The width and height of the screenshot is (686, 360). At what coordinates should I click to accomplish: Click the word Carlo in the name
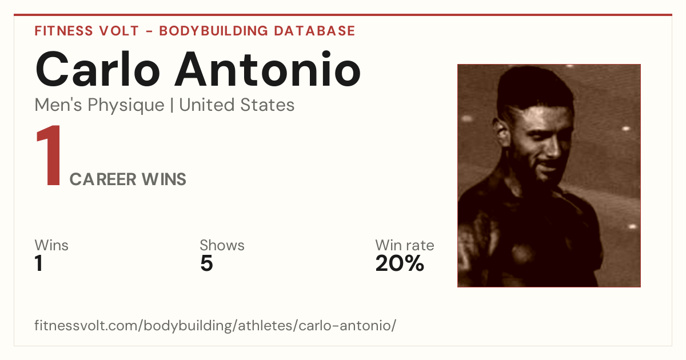(97, 69)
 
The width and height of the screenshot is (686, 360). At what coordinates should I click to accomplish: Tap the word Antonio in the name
(268, 69)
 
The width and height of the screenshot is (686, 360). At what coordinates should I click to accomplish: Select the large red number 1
(49, 155)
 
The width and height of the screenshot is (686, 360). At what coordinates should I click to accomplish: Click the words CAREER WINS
(127, 179)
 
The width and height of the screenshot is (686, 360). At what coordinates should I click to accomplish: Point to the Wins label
(51, 245)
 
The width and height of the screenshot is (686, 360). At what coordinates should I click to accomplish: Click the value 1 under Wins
(39, 263)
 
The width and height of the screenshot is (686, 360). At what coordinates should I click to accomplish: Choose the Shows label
(222, 245)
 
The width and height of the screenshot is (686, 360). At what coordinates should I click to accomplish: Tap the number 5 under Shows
(206, 263)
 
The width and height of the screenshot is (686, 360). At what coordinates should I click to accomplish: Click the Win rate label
(405, 245)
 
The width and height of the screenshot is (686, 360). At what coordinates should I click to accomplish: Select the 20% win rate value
(400, 263)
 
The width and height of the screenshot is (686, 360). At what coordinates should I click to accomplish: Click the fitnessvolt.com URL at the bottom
(216, 325)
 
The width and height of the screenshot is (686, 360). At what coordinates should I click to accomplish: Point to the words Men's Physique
(99, 106)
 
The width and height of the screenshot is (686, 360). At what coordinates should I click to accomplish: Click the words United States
(237, 105)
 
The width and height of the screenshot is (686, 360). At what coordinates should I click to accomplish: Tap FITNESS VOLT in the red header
(87, 31)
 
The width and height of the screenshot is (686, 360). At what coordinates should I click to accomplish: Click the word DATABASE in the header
(314, 31)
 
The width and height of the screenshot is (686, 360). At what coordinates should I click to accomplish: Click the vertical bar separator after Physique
(172, 105)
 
